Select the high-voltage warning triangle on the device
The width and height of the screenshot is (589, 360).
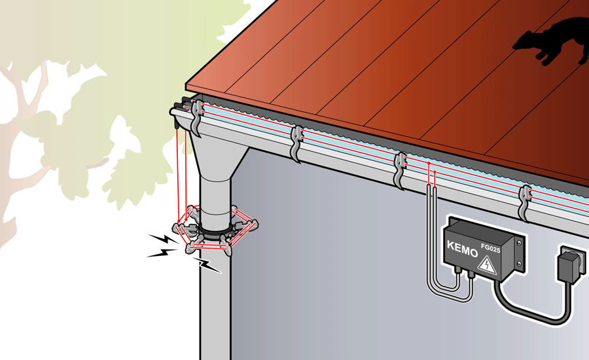coord(488,264)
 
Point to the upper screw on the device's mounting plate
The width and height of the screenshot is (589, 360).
coord(518,243)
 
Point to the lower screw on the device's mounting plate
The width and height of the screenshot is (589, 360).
coord(519,265)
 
